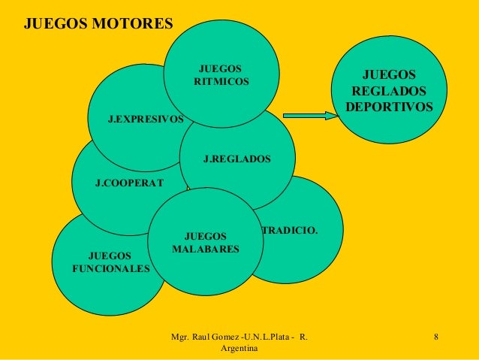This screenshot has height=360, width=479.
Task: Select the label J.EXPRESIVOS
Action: coord(146,119)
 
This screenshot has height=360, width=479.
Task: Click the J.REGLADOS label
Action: coord(237,159)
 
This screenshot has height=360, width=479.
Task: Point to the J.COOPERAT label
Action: coord(129,182)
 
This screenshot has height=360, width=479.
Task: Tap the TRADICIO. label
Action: coord(289,228)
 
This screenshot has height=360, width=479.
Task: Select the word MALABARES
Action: coord(206,248)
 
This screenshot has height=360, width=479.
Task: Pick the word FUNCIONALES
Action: coord(110,268)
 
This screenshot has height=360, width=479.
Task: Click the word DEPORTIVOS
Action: coord(389,107)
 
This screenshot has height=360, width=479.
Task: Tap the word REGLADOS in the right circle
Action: coord(389,91)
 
